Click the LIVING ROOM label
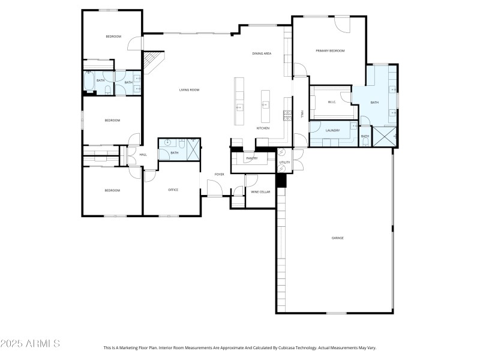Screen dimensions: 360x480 pos(189,90)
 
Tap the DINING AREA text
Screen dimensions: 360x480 pos(262,54)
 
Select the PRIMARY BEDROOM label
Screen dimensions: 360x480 pos(330,51)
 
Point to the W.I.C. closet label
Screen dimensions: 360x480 pos(331,102)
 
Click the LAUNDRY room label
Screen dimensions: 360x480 pos(332,130)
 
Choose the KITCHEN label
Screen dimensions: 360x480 pos(263,128)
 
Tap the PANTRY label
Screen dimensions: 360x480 pos(251,158)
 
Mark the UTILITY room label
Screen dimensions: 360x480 pos(284,162)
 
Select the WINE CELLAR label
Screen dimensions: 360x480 pos(260,192)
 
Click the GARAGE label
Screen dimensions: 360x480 pos(337,238)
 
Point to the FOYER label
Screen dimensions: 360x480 pos(220,175)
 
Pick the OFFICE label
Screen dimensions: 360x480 pos(173,190)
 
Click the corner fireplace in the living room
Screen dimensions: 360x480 pos(153,62)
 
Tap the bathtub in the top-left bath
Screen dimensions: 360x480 pos(88,83)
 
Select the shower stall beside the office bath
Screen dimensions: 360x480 pos(193,148)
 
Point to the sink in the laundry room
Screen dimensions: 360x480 pos(353,127)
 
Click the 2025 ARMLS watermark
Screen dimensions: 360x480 pos(30,344)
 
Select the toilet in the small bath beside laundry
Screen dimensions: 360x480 pos(365,142)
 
